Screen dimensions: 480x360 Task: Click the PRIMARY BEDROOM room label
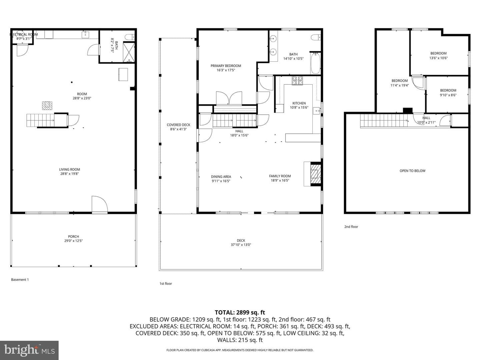point(226,66)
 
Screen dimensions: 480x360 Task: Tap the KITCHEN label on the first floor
point(299,103)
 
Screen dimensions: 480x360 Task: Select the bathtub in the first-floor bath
point(315,63)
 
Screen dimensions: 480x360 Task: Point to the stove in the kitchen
point(297,80)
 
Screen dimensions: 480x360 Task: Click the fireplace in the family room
point(316,174)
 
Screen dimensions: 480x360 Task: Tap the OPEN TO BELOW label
point(412,171)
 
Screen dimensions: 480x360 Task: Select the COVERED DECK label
point(178,125)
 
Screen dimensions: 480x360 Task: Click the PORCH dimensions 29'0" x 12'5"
point(73,241)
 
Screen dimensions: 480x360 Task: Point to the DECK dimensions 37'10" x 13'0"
point(241,245)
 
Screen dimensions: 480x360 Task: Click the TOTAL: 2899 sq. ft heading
point(240,312)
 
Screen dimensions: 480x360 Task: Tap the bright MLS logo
point(29,350)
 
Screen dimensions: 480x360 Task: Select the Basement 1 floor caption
point(20,280)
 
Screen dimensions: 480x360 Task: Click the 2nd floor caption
point(351,227)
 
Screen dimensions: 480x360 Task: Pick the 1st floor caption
point(166,283)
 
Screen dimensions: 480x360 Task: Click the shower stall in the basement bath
point(129,52)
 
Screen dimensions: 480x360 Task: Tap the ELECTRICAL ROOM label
point(24,34)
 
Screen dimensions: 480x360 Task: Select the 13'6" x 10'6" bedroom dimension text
point(438,58)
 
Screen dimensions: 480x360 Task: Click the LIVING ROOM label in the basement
point(70,169)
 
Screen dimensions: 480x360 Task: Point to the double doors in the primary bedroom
point(229,98)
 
